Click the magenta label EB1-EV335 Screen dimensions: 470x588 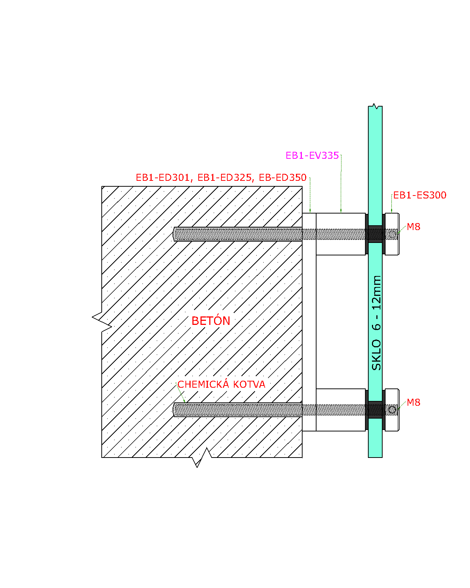pos(312,155)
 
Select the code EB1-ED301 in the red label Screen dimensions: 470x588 pos(163,178)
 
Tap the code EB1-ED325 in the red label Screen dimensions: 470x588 pos(225,178)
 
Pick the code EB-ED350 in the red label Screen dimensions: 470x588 pos(283,178)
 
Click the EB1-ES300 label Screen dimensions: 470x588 pos(420,195)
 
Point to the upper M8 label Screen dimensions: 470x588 pos(413,227)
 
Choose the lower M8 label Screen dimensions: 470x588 pos(413,402)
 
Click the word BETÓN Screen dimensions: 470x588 pos(211,320)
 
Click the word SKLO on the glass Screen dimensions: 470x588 pos(376,355)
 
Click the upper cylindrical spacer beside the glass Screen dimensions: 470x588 pos(341,234)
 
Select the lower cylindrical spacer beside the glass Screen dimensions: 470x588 pos(341,410)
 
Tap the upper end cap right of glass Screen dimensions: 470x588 pos(392,234)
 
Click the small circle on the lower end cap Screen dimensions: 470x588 pos(392,409)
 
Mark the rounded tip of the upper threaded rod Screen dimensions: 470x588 pos(174,234)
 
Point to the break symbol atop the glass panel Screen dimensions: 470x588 pos(375,106)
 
